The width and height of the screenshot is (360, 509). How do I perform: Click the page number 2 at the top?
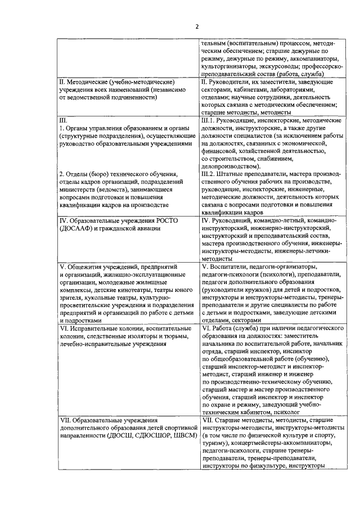(x=197, y=26)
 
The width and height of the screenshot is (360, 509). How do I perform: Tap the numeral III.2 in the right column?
(x=209, y=174)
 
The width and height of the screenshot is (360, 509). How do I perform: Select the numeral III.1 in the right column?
(x=209, y=120)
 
